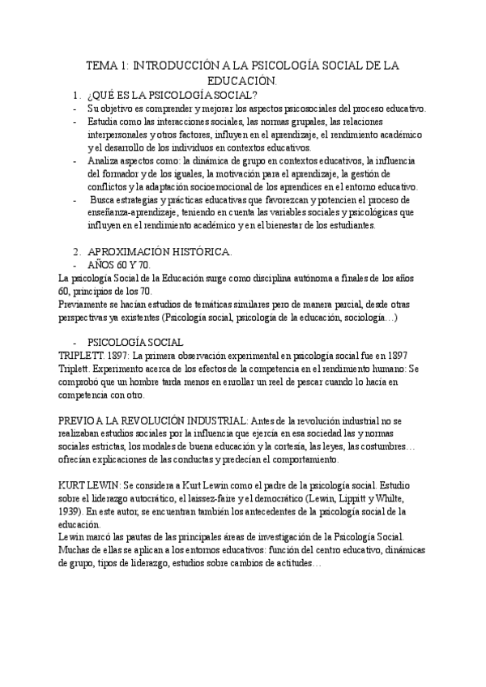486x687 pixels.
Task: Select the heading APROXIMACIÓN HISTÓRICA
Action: pyautogui.click(x=159, y=251)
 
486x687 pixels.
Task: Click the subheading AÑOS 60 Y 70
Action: pyautogui.click(x=119, y=265)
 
